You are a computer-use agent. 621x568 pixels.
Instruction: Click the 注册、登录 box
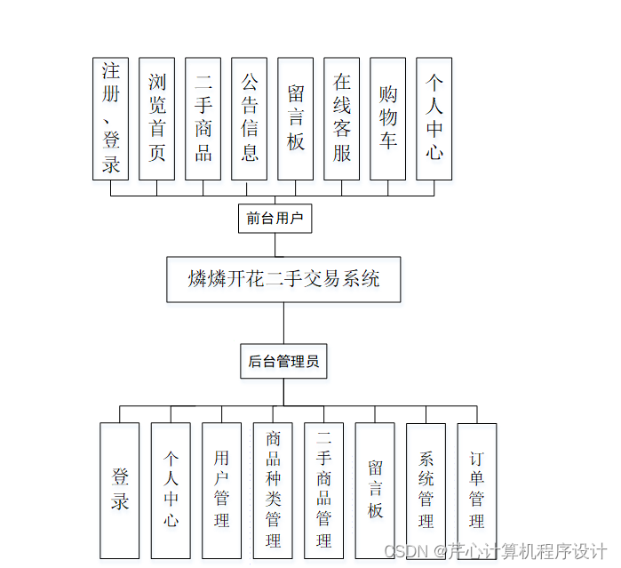pos(110,119)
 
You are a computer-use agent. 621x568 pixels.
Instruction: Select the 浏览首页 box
pos(156,119)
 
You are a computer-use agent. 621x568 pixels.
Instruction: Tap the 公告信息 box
pos(249,119)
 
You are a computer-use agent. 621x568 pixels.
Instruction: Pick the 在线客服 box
pos(341,119)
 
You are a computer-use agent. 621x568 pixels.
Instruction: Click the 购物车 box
pos(387,119)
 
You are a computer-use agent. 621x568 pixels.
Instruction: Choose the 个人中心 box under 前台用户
pos(434,119)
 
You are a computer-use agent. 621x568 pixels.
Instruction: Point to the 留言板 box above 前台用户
pos(295,119)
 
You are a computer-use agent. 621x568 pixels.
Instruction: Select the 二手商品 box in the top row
pos(203,119)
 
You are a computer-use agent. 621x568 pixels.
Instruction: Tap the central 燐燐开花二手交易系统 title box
pos(283,279)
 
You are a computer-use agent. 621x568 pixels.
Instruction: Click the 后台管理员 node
pos(283,362)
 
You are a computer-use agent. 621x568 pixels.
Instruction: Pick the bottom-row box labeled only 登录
pos(120,491)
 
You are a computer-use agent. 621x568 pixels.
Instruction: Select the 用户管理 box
pos(222,491)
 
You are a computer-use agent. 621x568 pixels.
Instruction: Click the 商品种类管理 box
pos(273,491)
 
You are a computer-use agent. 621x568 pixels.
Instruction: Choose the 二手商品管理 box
pos(323,491)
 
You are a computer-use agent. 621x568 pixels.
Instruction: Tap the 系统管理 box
pos(426,491)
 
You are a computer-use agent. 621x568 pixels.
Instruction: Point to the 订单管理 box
pos(477,491)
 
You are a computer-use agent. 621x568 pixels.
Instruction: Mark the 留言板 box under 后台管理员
pos(375,491)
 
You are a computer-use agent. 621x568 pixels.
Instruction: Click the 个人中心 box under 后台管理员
pos(171,491)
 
